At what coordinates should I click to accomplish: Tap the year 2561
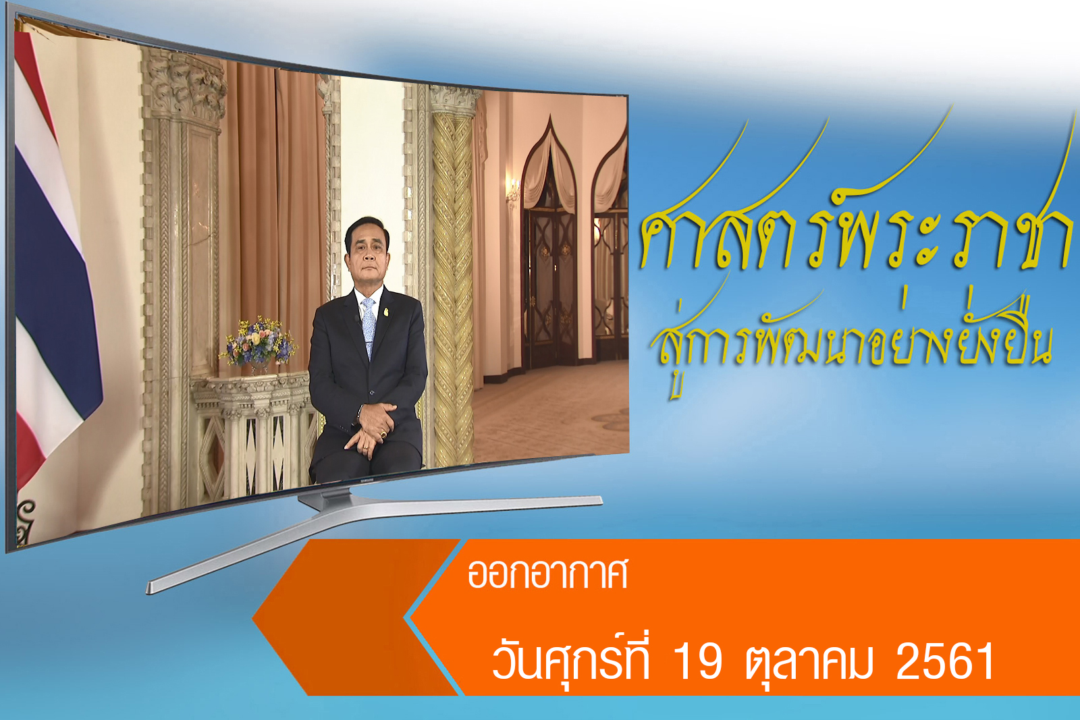coord(945,660)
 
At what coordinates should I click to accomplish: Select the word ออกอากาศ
coord(547,574)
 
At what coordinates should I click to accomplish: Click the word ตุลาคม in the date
coord(809,663)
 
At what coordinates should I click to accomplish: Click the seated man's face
coord(367,256)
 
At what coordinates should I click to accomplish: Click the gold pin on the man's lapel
coord(385,311)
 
